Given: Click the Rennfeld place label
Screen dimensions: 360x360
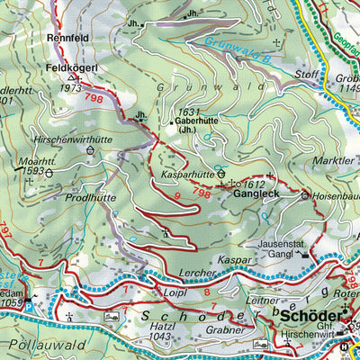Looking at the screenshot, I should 65,39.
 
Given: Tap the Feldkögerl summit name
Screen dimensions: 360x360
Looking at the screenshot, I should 67,67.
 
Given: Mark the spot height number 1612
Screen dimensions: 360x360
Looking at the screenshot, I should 254,183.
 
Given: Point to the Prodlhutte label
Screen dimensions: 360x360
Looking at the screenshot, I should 90,196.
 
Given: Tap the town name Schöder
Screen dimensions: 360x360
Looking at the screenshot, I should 310,316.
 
